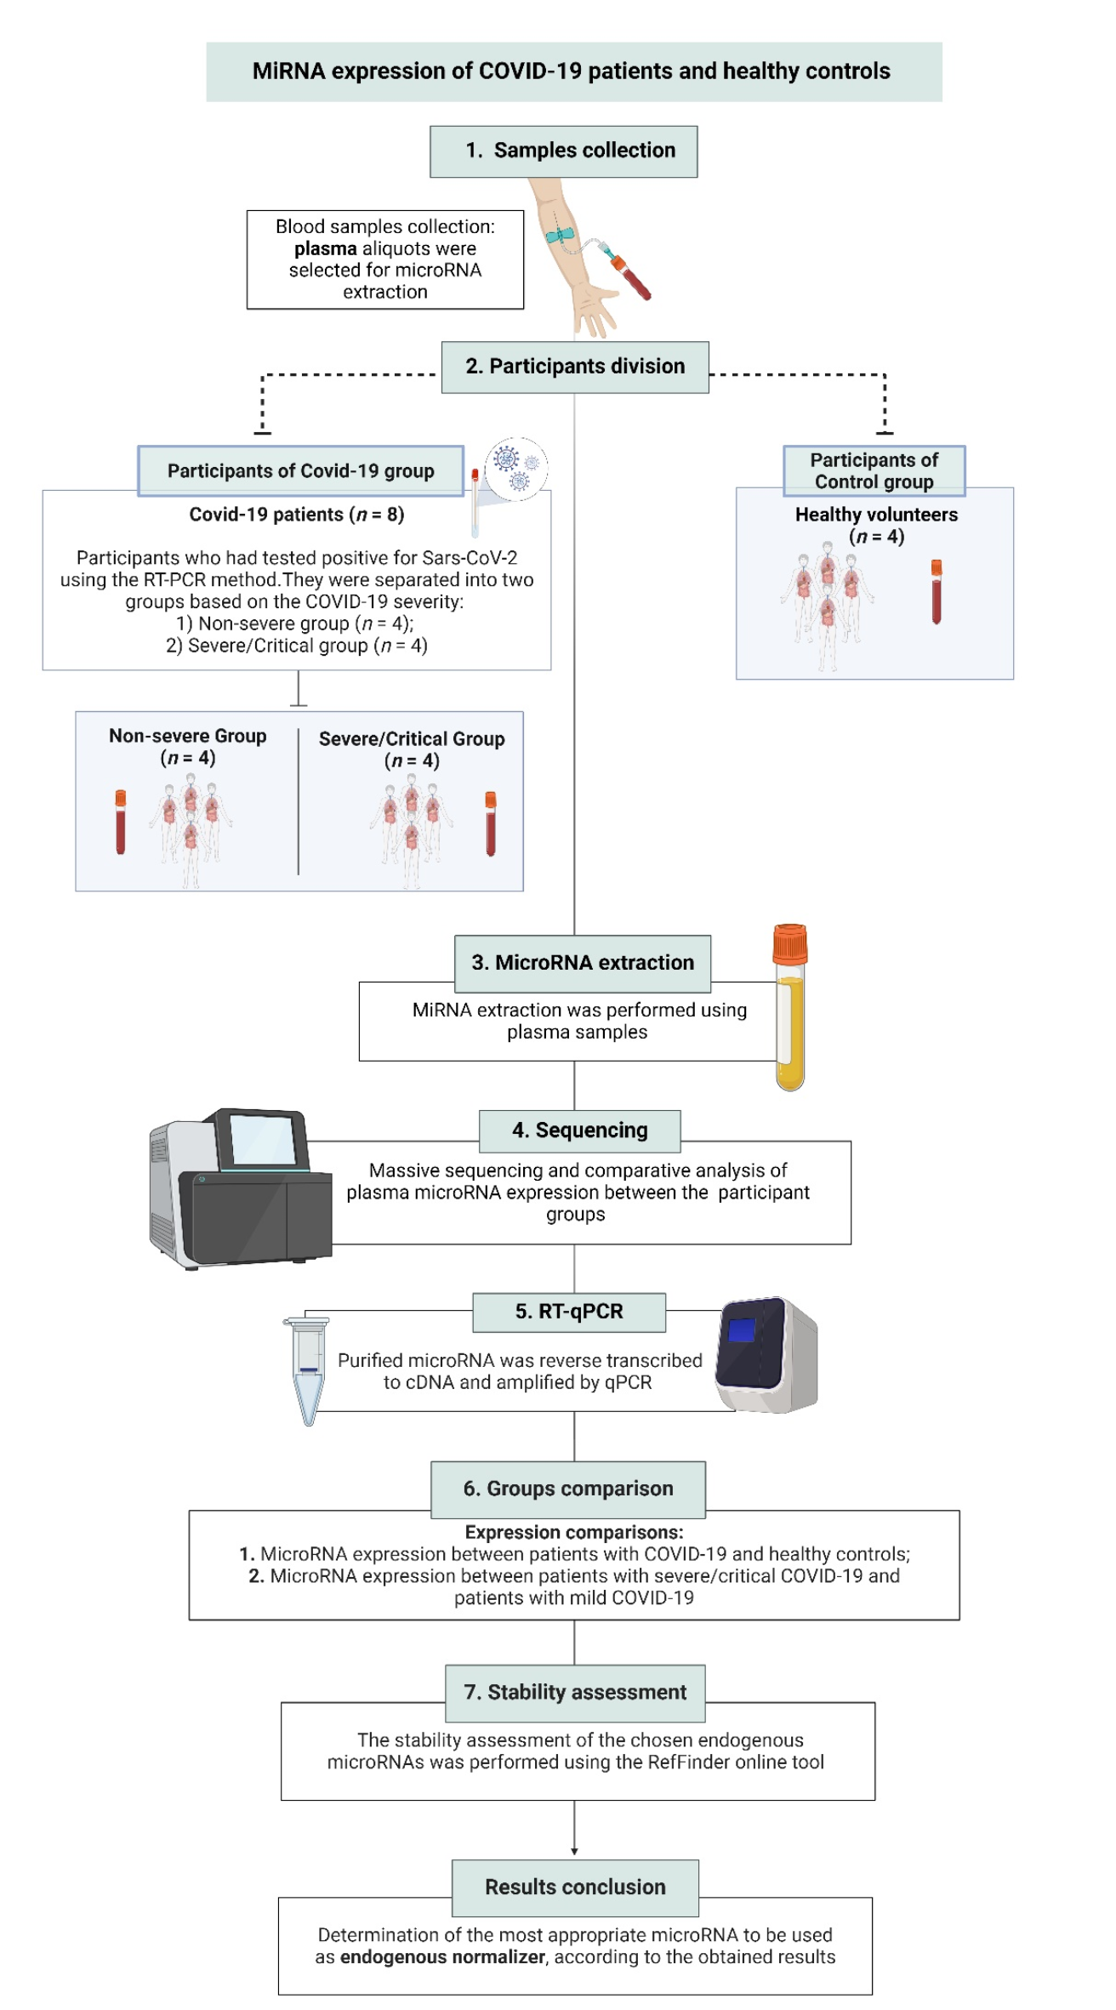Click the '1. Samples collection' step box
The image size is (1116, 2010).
click(x=563, y=151)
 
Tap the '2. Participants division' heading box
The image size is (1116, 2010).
click(x=575, y=367)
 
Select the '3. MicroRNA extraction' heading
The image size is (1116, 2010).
click(x=583, y=963)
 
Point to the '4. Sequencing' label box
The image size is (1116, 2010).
click(x=579, y=1130)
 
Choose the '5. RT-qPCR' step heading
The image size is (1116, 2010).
click(x=569, y=1312)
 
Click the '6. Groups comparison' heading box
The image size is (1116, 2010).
click(x=568, y=1489)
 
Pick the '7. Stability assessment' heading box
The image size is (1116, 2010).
click(x=575, y=1692)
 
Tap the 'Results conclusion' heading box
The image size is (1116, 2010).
click(x=575, y=1887)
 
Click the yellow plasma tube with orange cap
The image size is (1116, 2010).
click(x=790, y=1007)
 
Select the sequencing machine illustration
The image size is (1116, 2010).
click(x=240, y=1188)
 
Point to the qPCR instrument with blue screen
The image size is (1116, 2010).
click(x=766, y=1354)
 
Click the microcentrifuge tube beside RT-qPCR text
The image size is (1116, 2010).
click(x=307, y=1369)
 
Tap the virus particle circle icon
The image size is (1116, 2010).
click(x=516, y=469)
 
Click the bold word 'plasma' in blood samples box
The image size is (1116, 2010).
click(x=326, y=248)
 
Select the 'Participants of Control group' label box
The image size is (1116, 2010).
click(x=874, y=470)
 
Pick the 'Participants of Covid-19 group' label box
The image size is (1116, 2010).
click(x=301, y=470)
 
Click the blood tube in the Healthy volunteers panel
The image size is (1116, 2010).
click(x=937, y=592)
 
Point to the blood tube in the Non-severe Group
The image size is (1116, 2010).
click(x=121, y=822)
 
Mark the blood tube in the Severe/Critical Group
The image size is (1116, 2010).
click(x=491, y=823)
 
